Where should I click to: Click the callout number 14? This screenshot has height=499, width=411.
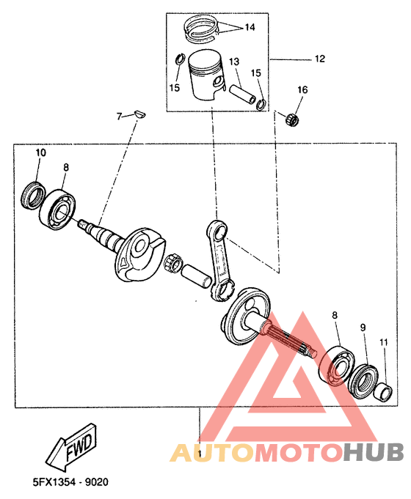click(x=250, y=27)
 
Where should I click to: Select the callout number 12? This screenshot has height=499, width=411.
click(x=319, y=58)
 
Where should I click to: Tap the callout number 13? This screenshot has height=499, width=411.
click(x=233, y=62)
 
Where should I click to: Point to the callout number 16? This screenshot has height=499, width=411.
click(x=302, y=90)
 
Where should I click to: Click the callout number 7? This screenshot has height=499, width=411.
click(x=118, y=116)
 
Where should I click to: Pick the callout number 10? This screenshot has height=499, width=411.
click(x=40, y=152)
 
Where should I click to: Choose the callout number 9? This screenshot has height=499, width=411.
click(x=363, y=326)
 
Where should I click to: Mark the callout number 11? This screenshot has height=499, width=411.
click(x=383, y=342)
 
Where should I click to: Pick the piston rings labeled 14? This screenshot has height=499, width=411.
click(x=201, y=29)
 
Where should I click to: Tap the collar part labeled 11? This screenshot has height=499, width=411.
click(x=382, y=391)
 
